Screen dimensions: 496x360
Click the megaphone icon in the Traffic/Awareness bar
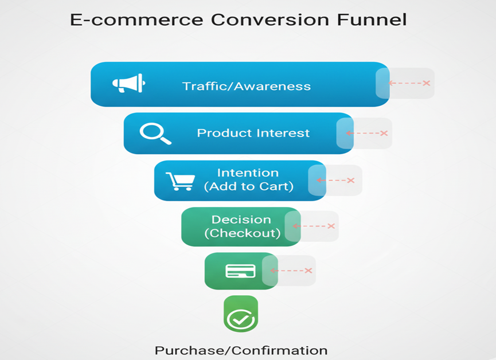tap(129, 83)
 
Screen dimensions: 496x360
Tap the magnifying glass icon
tap(155, 134)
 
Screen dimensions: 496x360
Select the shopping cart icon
tap(180, 181)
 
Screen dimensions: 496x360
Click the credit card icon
tap(240, 271)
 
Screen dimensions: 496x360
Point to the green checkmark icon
tap(241, 319)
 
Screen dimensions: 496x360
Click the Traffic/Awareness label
tap(247, 87)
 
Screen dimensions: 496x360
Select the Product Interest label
tap(253, 133)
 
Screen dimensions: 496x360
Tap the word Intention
tap(248, 173)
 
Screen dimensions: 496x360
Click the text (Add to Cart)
tap(249, 186)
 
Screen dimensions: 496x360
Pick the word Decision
tap(241, 220)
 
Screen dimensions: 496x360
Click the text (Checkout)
tap(243, 233)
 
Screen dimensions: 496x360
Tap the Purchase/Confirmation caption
tap(241, 350)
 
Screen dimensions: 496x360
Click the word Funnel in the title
tap(372, 19)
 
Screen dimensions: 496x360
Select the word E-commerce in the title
tap(136, 20)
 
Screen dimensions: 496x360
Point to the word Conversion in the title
tap(270, 19)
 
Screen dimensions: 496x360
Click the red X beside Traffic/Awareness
tap(427, 83)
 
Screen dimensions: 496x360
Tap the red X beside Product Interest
tap(384, 133)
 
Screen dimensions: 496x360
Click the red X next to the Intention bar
tap(351, 181)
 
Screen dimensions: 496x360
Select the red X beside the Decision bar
tap(331, 226)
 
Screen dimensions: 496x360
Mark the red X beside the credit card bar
tap(308, 271)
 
